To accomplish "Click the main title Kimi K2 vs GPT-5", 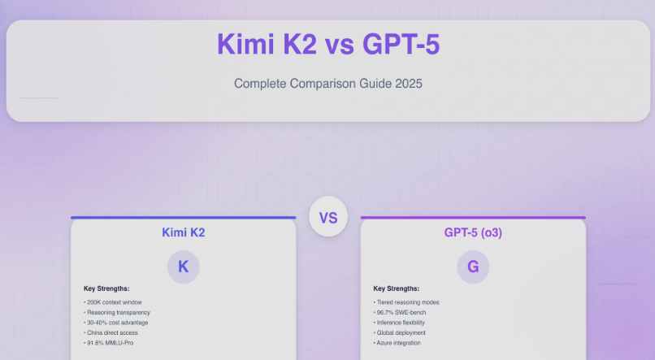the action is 328,44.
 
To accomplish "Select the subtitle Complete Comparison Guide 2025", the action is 328,84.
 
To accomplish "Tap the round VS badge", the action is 328,217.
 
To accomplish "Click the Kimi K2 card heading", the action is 184,232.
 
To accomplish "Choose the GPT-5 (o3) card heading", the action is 473,232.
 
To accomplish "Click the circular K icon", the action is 184,267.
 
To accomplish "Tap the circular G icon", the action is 473,267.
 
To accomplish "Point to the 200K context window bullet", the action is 113,302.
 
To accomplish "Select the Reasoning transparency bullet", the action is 117,312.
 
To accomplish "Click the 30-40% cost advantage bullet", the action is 115,323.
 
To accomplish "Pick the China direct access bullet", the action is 111,333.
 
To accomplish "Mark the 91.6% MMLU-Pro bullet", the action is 109,343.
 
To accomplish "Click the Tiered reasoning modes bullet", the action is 406,302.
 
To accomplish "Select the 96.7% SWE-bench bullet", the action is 400,312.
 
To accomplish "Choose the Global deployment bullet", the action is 399,333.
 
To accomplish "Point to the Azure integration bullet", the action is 397,343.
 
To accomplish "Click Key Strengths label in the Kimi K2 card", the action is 106,288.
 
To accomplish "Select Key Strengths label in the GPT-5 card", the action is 396,288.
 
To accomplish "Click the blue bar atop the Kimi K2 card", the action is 184,218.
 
